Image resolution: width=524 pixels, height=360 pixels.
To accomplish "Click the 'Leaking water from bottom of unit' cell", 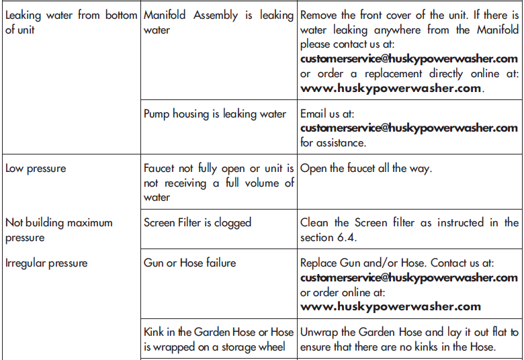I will click(x=71, y=22).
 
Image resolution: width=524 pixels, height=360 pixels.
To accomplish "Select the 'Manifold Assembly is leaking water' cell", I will click(x=218, y=22).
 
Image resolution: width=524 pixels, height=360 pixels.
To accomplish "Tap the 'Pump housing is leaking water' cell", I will click(x=215, y=114).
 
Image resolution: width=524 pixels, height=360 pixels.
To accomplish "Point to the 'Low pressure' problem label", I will click(x=36, y=168).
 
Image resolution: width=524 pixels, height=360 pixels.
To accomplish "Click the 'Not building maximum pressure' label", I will click(x=59, y=230).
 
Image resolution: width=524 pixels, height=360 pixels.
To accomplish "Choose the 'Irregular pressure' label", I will click(x=46, y=263).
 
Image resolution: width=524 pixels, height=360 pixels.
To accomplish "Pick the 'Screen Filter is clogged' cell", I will click(x=198, y=222).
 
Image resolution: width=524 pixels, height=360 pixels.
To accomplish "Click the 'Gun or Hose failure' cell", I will click(x=190, y=263).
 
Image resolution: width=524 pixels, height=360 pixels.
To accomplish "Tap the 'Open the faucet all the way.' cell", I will click(x=366, y=168).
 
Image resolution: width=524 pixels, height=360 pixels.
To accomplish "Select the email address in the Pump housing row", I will click(x=409, y=128).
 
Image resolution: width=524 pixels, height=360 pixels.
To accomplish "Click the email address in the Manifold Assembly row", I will click(x=409, y=58).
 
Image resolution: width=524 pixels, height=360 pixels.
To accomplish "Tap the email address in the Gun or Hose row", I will click(x=409, y=277).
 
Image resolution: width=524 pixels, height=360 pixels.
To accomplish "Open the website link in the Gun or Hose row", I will click(x=390, y=306).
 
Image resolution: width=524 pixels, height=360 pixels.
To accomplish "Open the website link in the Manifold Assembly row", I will click(x=390, y=88).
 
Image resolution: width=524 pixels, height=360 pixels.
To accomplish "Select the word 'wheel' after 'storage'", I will click(x=271, y=347).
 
